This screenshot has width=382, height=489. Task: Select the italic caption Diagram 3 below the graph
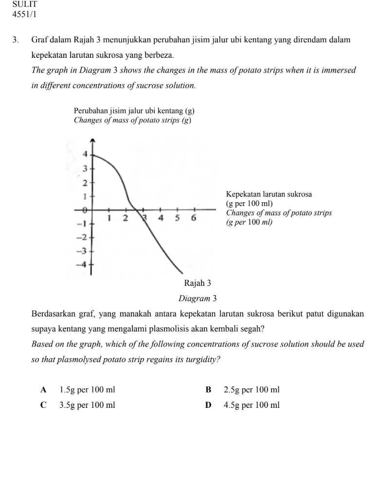197,297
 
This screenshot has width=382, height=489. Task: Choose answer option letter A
44,390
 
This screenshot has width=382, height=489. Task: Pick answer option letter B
209,390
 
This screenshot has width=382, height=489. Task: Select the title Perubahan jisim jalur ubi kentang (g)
134,111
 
